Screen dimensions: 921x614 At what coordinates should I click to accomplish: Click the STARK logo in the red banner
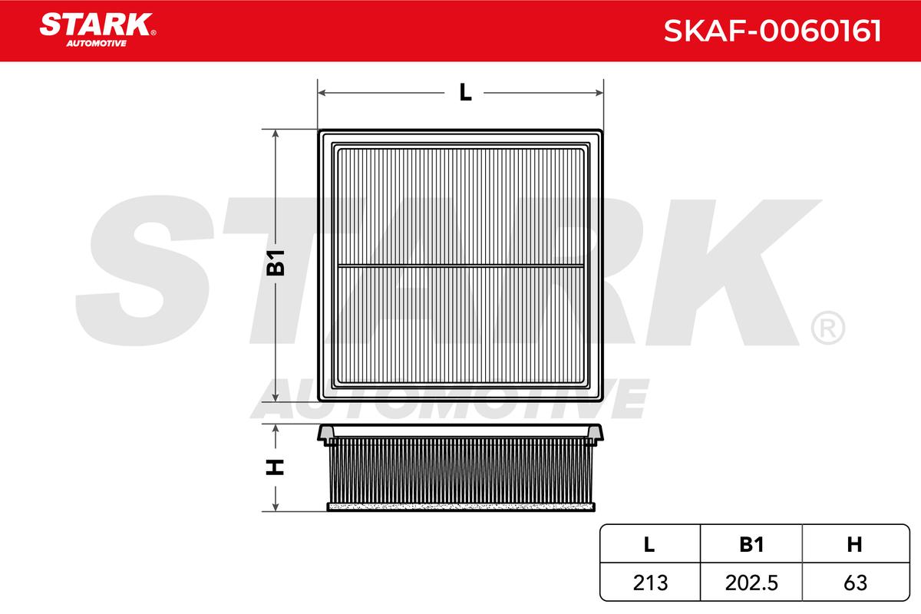(x=97, y=30)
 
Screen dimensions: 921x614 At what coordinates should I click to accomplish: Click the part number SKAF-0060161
(x=772, y=31)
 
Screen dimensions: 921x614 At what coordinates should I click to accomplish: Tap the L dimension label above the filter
(x=465, y=93)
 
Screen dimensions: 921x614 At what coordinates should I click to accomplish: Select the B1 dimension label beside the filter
(x=276, y=262)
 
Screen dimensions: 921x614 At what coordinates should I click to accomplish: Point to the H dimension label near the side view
(x=275, y=467)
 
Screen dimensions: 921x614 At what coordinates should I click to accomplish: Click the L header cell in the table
(x=649, y=544)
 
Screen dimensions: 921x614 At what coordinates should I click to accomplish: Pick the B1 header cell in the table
(x=751, y=544)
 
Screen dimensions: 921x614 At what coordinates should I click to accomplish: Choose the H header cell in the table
(x=855, y=544)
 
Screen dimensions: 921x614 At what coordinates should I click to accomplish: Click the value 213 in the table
(x=651, y=583)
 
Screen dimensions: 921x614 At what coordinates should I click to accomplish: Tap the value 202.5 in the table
(x=751, y=583)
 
